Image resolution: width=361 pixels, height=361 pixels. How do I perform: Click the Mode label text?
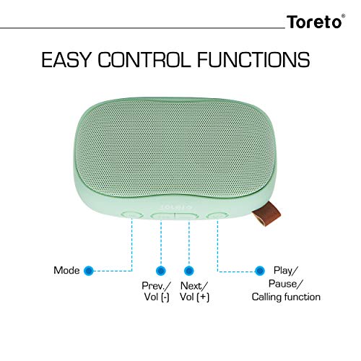(66, 271)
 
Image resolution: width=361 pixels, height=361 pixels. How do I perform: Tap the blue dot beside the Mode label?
(89, 271)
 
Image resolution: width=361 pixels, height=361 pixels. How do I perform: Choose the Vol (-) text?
(157, 296)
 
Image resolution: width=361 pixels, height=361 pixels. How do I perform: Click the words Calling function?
(286, 297)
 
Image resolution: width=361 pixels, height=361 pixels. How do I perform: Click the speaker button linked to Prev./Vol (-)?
(163, 215)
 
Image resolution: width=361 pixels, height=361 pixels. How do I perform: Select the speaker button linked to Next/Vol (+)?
(187, 215)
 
